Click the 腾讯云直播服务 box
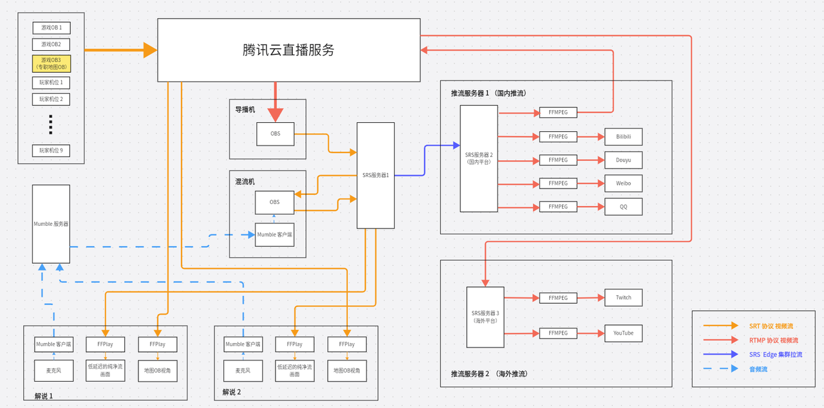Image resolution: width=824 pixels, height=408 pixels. coord(289,50)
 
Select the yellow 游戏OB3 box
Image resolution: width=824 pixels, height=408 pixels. coord(51,63)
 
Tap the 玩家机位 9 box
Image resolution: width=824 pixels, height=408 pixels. coord(51,151)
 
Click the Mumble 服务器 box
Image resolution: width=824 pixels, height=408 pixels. coord(51,224)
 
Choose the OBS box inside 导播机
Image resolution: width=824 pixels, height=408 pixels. coord(275,134)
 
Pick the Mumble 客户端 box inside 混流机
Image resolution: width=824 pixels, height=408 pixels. coord(275,234)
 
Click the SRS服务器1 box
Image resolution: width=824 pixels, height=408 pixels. coord(376,175)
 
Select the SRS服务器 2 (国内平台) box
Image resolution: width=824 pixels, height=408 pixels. coord(478,158)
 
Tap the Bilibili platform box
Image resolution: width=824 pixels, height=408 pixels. coord(623,136)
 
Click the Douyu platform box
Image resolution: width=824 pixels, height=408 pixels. coord(623,160)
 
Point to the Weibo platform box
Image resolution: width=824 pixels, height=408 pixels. coord(623,183)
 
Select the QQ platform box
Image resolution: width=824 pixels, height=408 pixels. coord(623,207)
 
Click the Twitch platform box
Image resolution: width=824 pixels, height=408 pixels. coord(623,297)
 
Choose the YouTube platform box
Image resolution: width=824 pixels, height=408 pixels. coord(623,333)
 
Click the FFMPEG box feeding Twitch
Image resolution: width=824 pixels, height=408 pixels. coord(558,298)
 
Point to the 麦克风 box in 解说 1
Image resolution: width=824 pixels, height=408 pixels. coord(53,370)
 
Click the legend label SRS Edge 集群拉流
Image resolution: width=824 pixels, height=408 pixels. coord(776,355)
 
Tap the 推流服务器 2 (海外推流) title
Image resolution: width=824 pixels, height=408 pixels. coord(489,373)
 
